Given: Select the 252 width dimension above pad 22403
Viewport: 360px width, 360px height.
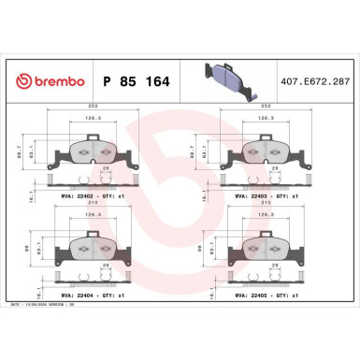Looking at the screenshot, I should pyautogui.click(x=263, y=107).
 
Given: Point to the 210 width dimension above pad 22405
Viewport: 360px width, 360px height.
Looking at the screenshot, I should pyautogui.click(x=263, y=205).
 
